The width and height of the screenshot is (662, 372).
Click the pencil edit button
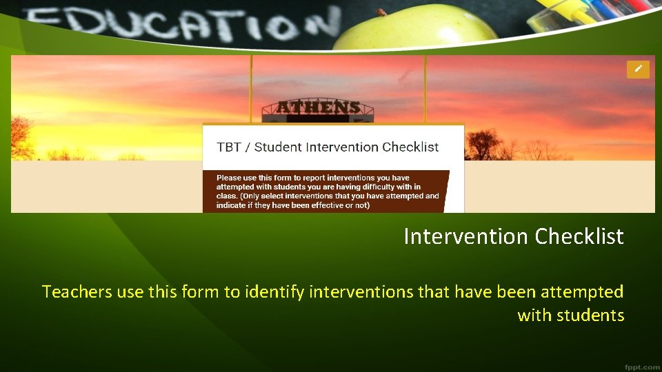[x=638, y=69]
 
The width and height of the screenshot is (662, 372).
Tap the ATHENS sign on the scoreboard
[x=319, y=107]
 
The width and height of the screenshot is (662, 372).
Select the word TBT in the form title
[x=229, y=147]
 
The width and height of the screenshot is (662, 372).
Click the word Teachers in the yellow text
[x=77, y=292]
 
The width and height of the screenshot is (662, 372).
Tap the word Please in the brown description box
[x=231, y=178]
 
